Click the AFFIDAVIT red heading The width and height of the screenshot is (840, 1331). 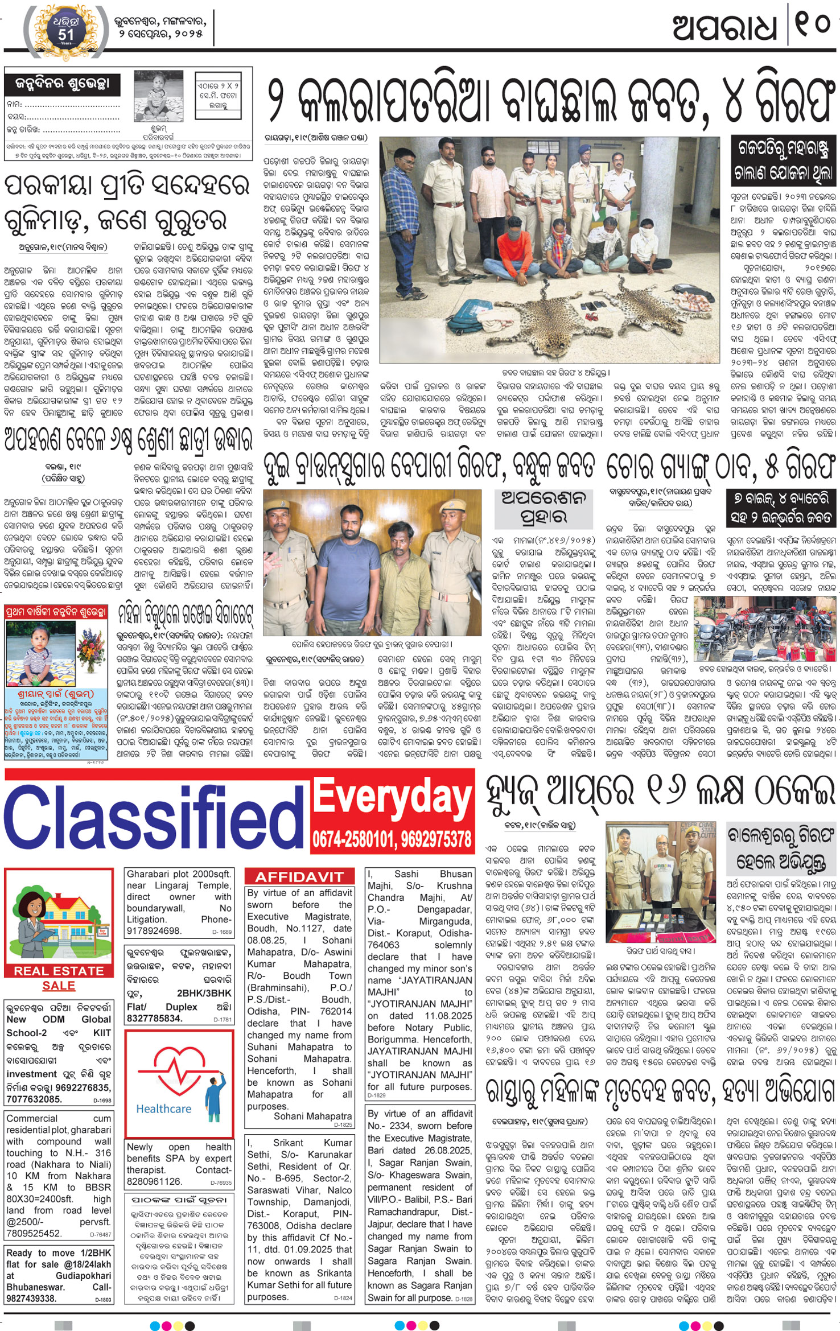click(299, 877)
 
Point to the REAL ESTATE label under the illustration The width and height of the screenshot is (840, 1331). click(59, 971)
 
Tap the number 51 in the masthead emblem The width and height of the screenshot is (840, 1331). click(65, 35)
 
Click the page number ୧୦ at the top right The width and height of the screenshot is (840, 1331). click(813, 26)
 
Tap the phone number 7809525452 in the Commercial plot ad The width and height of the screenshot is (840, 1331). click(34, 1233)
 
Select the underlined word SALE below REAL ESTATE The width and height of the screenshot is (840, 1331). click(59, 986)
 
